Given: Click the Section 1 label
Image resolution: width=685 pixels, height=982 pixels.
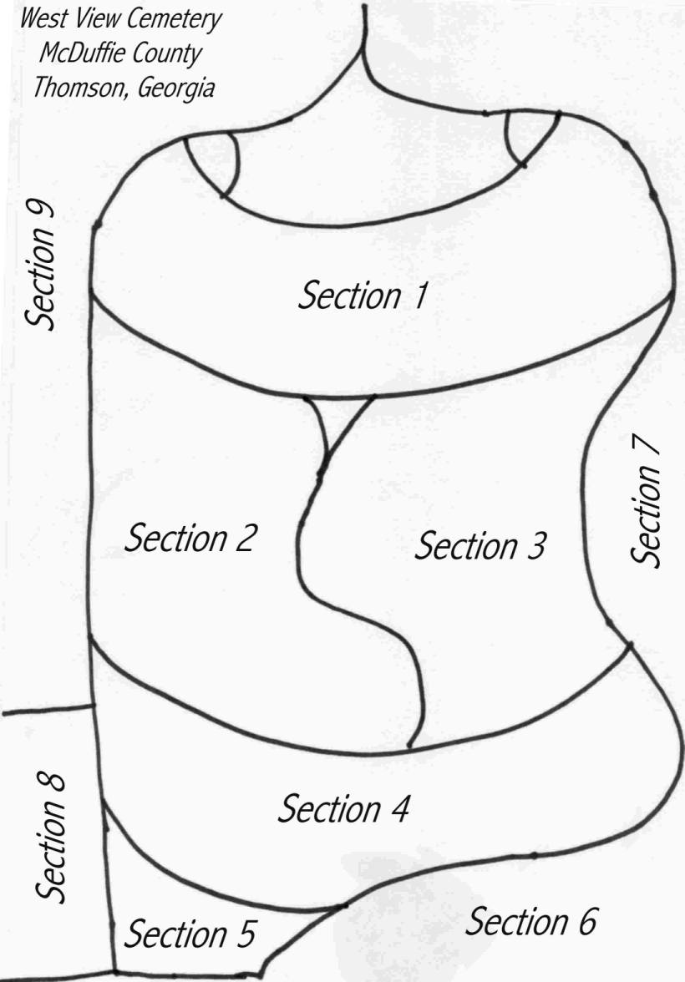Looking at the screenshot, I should coord(363,296).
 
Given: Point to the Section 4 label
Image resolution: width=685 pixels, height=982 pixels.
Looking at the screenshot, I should coord(343,807).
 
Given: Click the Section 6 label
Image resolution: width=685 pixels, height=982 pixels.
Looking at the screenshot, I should coord(530,921).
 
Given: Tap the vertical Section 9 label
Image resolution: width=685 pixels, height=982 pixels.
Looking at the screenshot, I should coord(40,264).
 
